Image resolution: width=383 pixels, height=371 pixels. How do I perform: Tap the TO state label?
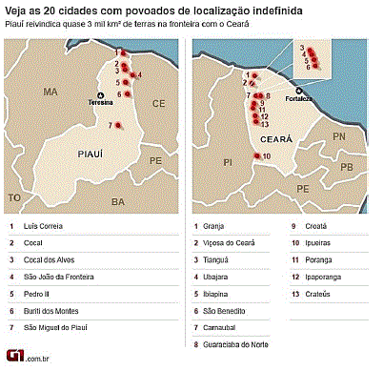click(12, 196)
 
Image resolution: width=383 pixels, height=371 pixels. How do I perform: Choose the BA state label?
click(117, 202)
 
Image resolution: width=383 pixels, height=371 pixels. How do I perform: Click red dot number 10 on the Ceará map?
click(256, 155)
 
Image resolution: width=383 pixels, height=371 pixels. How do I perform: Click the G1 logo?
click(16, 357)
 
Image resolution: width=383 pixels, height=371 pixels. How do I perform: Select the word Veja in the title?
click(17, 9)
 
